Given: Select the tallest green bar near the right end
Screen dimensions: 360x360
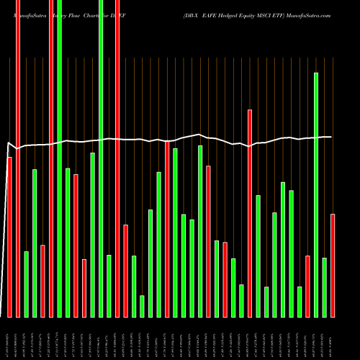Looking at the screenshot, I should tap(316, 194).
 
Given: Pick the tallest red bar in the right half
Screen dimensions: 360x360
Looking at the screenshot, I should tap(250, 213).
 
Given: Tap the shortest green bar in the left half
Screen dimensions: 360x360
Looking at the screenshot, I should tap(143, 306).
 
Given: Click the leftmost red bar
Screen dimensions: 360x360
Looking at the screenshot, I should tap(9, 237).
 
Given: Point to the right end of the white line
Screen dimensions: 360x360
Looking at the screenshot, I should tap(331, 137).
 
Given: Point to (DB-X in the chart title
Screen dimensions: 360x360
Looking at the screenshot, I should tap(195, 14).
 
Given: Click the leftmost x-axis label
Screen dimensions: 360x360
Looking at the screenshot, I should tap(9, 338).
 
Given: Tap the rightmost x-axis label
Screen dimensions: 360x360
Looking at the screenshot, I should tap(333, 338).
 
